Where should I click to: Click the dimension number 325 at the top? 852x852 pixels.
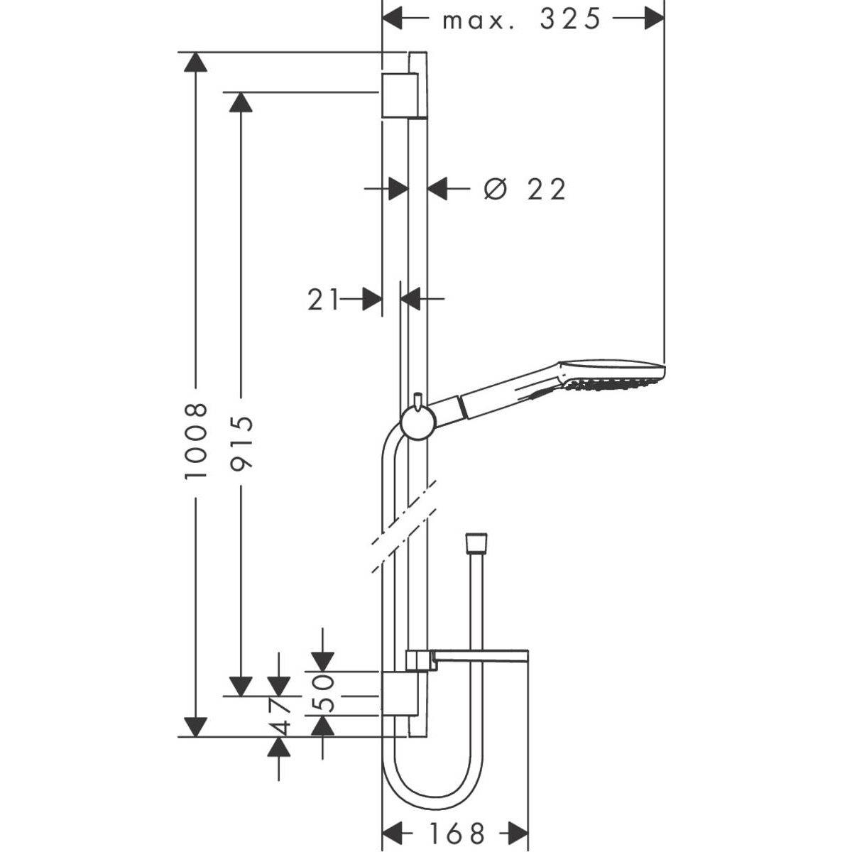coord(570,20)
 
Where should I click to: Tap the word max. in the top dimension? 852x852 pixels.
coord(479,21)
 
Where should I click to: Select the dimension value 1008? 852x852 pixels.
coord(195,441)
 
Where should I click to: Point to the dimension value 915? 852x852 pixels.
coord(242,442)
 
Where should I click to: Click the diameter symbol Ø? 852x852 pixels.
coord(495,190)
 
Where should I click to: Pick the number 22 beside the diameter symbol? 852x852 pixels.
coord(547,190)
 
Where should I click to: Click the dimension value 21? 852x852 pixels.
coord(323,300)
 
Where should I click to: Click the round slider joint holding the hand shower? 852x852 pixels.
coord(418,423)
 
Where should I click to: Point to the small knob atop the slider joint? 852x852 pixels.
coord(417,400)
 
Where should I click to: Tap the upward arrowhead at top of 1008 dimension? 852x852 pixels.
coord(195,62)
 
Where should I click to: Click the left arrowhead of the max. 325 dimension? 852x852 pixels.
coord(392,18)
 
